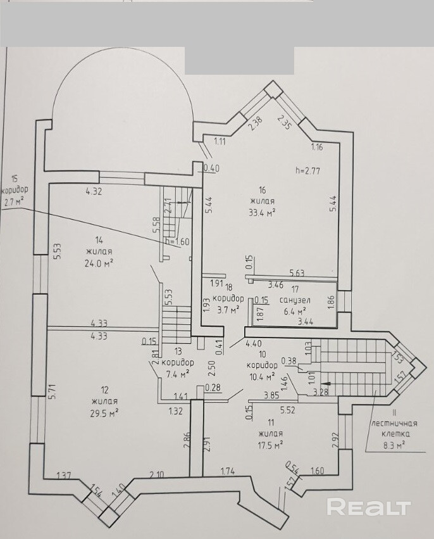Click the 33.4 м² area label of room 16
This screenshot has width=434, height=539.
coord(263,213)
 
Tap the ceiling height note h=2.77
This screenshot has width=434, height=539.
coord(307,170)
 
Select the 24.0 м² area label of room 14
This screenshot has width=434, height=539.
coord(99,263)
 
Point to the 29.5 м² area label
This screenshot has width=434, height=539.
coord(104,412)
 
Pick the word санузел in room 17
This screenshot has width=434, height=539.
coord(295,300)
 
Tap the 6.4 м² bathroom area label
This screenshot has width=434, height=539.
coord(294,312)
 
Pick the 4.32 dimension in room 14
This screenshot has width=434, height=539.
coord(94,191)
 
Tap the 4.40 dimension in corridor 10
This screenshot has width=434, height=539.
coord(254,343)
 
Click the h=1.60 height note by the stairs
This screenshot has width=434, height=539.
coord(177,241)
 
